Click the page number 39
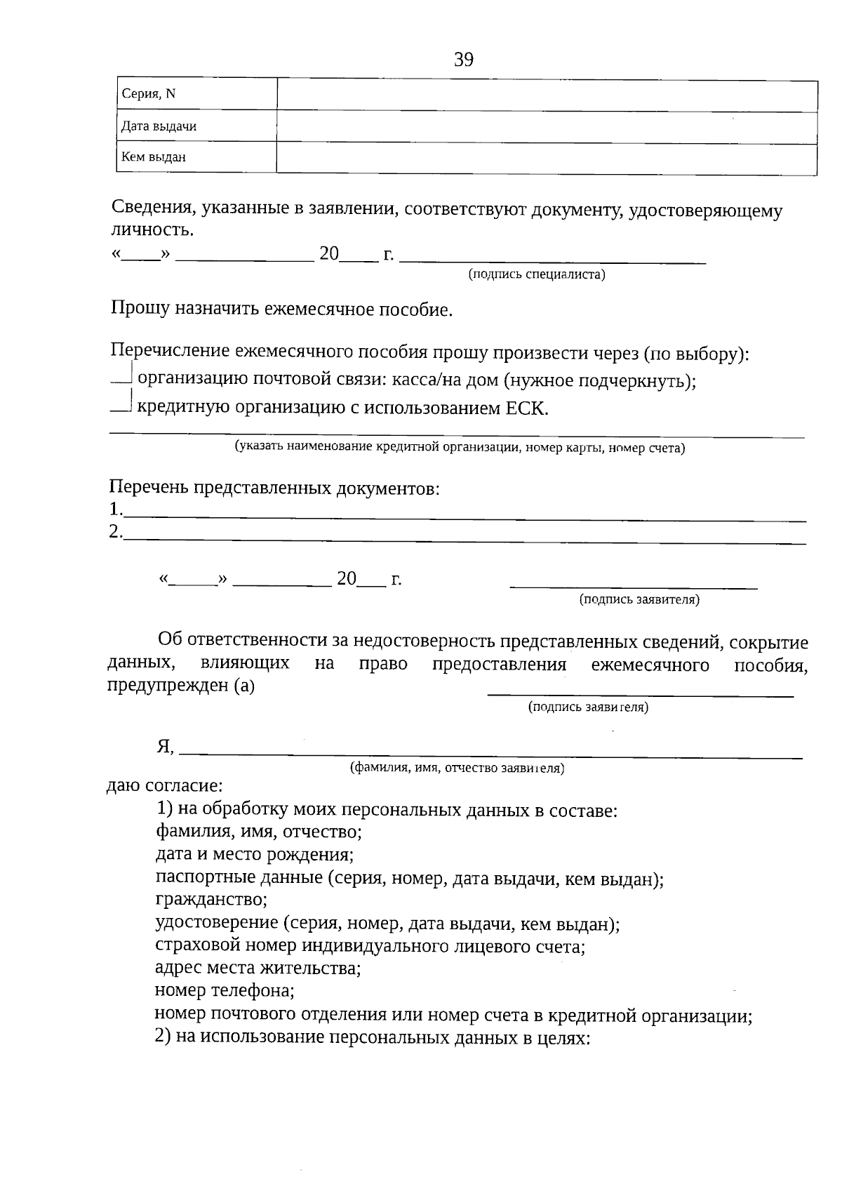464,60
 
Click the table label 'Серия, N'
149,94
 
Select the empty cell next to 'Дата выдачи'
547,127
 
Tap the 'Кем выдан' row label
154,157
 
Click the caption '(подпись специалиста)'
537,274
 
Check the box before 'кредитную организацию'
122,404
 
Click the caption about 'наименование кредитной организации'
460,448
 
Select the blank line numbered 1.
463,514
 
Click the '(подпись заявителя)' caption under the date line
639,599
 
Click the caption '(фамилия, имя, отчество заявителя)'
457,768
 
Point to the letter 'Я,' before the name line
166,747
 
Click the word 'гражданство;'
210,899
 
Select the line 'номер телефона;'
224,991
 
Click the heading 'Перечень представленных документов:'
274,488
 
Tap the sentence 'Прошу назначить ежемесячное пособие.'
281,310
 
